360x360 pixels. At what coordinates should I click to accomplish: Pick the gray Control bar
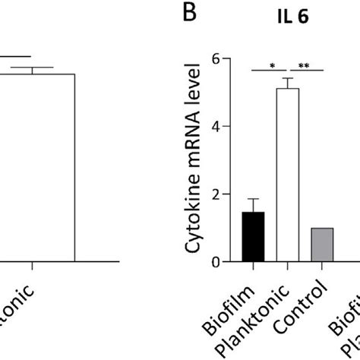pos(323,245)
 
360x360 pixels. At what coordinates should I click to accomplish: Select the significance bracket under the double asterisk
pos(306,71)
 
